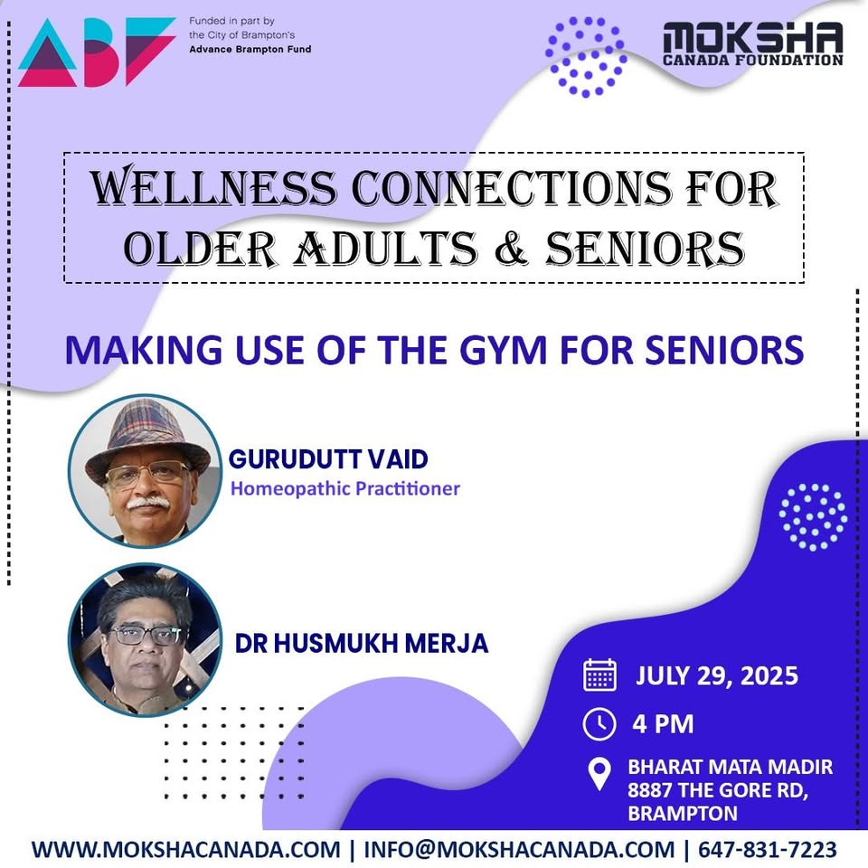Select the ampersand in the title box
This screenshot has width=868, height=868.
point(512,246)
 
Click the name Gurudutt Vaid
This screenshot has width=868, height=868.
point(328,459)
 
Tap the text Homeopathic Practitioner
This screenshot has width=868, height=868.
point(344,489)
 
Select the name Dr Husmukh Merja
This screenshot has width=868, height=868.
point(362,643)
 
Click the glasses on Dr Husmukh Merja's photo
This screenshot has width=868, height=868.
point(145,635)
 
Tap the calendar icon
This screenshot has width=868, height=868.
point(599,675)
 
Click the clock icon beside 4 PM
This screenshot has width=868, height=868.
point(599,723)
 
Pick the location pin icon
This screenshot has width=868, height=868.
point(599,776)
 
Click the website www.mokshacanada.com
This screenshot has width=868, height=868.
point(184,850)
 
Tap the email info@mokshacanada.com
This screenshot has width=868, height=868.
point(519,850)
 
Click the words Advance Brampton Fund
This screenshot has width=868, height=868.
point(250,50)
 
